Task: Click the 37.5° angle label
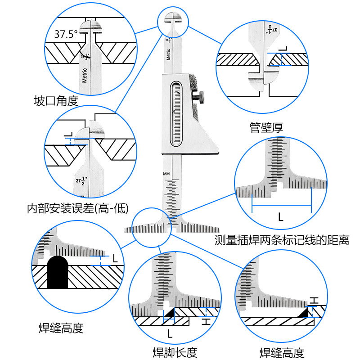click(66, 33)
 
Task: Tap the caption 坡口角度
click(56, 100)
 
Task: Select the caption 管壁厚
click(266, 127)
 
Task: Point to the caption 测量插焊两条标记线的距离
click(282, 240)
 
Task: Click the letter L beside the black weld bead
click(115, 259)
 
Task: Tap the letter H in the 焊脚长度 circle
click(205, 321)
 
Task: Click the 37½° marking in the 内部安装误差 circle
click(81, 181)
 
